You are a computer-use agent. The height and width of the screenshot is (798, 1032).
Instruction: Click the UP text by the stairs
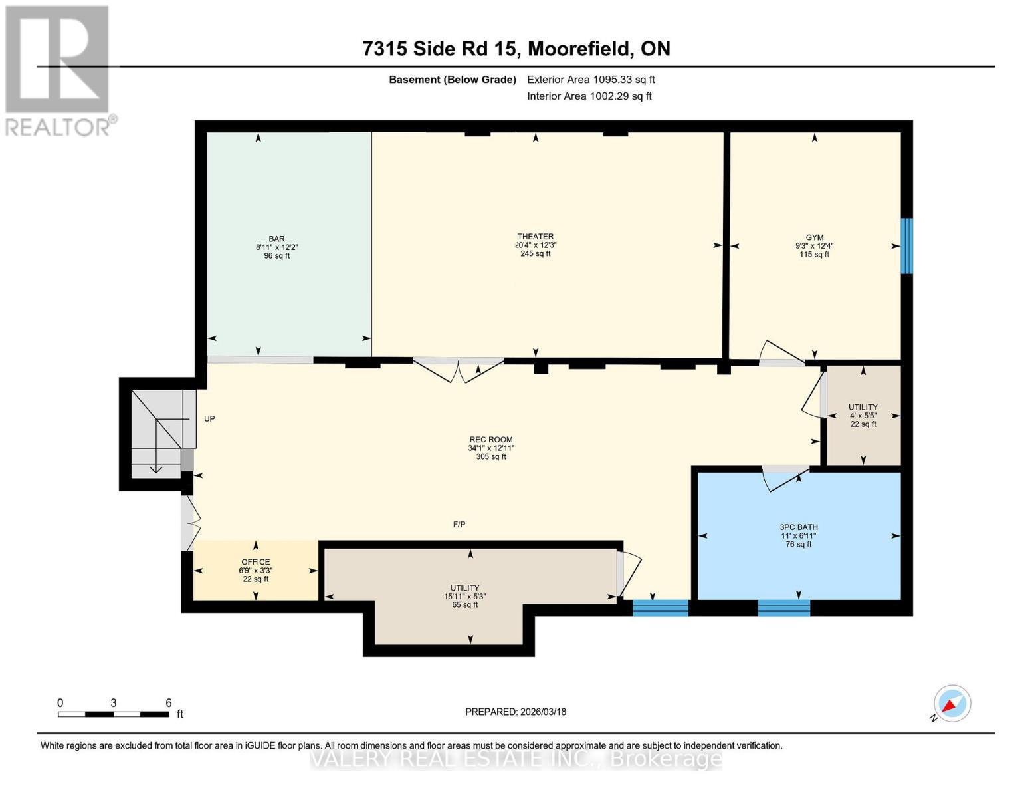click(x=209, y=418)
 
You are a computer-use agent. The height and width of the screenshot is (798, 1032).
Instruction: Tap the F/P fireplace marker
click(x=459, y=524)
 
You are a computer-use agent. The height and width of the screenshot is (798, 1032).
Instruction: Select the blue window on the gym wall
click(x=906, y=245)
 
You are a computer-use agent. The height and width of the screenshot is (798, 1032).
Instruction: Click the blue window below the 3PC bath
click(x=783, y=607)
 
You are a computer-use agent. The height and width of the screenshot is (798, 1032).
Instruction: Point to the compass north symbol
click(x=952, y=704)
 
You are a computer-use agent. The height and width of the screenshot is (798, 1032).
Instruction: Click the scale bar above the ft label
click(x=113, y=714)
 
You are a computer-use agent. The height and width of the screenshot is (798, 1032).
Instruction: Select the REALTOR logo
click(x=58, y=70)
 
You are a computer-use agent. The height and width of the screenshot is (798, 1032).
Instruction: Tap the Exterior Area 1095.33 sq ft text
click(x=591, y=79)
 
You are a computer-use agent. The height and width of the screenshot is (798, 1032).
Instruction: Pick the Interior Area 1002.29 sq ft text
click(x=589, y=96)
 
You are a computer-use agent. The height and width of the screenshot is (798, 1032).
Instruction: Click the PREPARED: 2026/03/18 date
click(x=516, y=712)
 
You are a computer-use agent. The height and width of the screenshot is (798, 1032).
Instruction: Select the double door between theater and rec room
click(x=459, y=370)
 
